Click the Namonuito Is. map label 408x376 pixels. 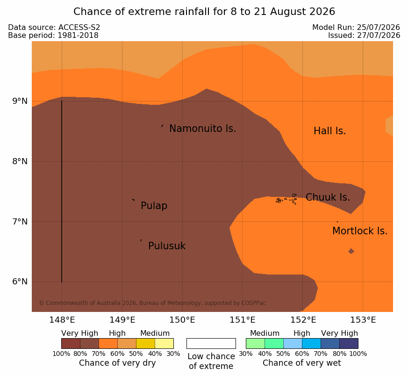click(x=203, y=129)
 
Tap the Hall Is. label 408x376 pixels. click(x=329, y=131)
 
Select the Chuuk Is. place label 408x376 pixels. click(x=328, y=197)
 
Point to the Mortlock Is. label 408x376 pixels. click(x=360, y=231)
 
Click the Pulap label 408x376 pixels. click(x=154, y=206)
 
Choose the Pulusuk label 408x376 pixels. click(x=167, y=246)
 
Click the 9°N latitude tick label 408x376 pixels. click(x=20, y=101)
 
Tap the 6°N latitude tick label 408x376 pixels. click(x=20, y=282)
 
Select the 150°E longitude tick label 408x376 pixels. click(x=182, y=320)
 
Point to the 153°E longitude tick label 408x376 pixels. click(x=363, y=320)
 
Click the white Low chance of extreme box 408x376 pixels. click(x=211, y=343)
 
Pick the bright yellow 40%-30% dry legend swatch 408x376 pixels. click(x=164, y=343)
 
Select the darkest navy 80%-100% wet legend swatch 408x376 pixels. click(x=349, y=343)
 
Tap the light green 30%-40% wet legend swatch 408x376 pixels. click(x=255, y=343)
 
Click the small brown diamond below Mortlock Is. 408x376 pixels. click(x=351, y=251)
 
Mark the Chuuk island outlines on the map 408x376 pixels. click(x=286, y=199)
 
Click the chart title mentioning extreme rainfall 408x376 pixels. click(x=204, y=12)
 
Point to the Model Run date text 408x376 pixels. click(x=356, y=27)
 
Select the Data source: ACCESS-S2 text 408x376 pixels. click(x=54, y=27)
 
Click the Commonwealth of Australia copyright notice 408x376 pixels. click(x=152, y=303)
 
